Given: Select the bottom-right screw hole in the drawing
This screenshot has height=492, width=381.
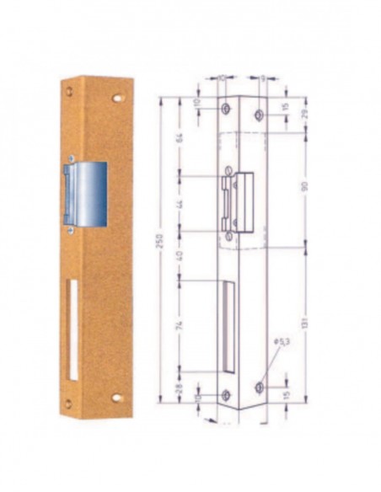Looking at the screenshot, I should tap(259, 387).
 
